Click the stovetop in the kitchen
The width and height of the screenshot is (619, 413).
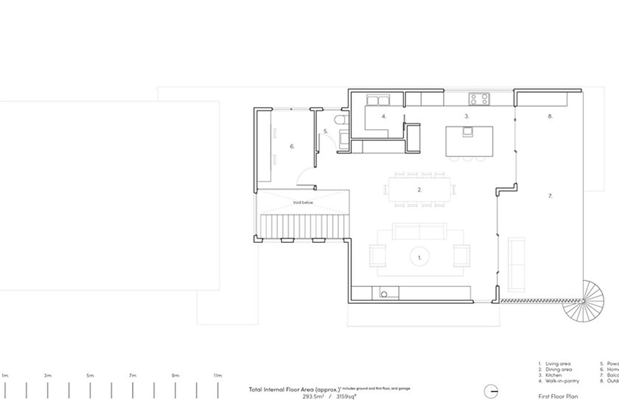tap(479, 99)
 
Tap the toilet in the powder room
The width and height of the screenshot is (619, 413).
tap(340, 120)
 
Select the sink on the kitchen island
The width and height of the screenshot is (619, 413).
tap(468, 131)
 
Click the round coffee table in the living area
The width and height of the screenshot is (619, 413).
tap(419, 257)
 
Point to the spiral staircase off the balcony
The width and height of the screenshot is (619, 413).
tap(584, 301)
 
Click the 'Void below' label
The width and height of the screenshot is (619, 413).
tap(303, 203)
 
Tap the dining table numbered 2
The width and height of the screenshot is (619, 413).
tap(419, 190)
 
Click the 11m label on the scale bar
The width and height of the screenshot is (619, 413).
tap(218, 376)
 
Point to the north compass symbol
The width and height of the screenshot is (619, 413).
tap(491, 392)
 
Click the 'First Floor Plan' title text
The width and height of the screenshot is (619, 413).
tap(558, 397)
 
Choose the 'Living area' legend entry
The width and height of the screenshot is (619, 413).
tap(557, 364)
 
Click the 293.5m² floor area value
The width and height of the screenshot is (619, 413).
tap(313, 397)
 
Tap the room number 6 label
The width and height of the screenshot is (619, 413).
tap(292, 146)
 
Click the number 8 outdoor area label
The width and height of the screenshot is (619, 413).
tap(550, 116)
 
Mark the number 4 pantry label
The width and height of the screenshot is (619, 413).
tap(384, 116)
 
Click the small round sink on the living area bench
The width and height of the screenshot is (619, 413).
tap(384, 294)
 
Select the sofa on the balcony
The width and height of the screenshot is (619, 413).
tap(516, 264)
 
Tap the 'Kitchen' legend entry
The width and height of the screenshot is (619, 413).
tap(553, 375)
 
